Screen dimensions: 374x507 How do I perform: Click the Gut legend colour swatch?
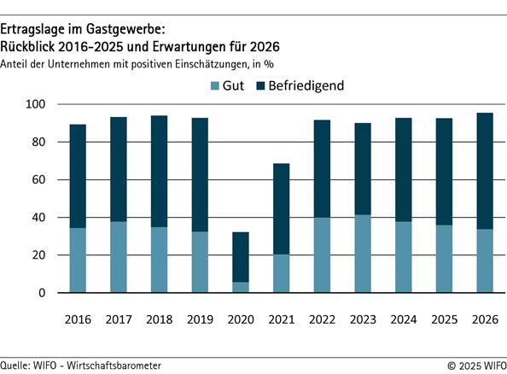point(213,86)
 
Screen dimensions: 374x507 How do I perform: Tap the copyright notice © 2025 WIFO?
point(475,365)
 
